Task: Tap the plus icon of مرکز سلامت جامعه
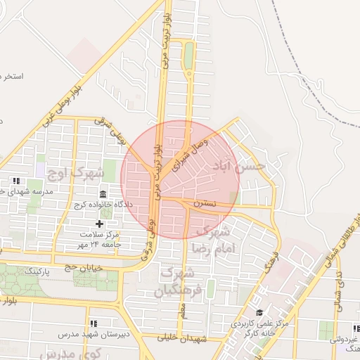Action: tap(100, 224)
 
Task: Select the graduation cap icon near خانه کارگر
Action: tap(259, 313)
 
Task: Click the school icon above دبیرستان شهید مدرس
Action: tap(93, 323)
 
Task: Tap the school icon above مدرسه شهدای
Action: tap(16, 181)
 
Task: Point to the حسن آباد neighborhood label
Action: tap(238, 166)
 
